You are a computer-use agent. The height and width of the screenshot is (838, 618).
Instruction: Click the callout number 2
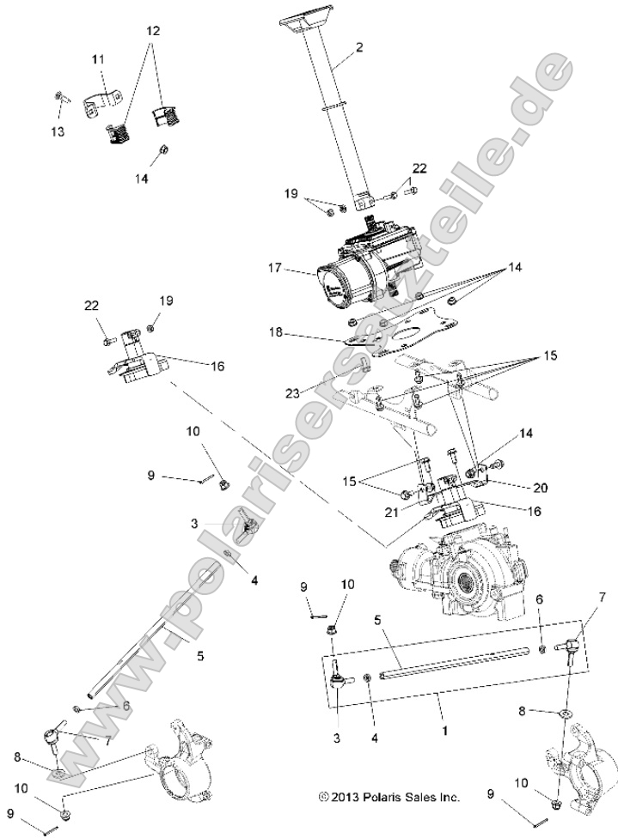pyautogui.click(x=358, y=48)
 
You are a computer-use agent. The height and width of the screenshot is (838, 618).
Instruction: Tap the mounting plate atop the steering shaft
pyautogui.click(x=304, y=23)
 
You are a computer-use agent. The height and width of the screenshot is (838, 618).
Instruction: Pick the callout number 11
pyautogui.click(x=98, y=59)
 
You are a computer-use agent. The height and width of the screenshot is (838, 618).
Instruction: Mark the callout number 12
pyautogui.click(x=153, y=31)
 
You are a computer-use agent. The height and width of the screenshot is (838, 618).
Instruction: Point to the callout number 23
pyautogui.click(x=292, y=393)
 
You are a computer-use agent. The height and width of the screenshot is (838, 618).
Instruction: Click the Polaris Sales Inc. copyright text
pyautogui.click(x=389, y=797)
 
